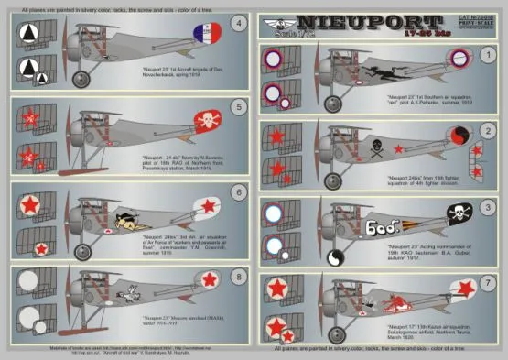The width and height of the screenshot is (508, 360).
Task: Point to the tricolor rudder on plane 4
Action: [x=207, y=36]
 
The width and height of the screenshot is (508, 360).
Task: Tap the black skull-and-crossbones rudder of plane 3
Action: [x=457, y=213]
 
